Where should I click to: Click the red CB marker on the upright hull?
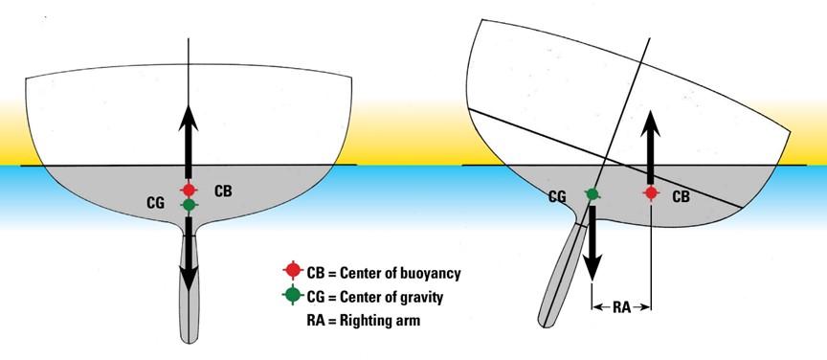pos(190,190)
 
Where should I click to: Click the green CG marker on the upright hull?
pos(190,204)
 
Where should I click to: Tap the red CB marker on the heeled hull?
pos(651,193)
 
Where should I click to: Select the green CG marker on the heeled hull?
pos(592,195)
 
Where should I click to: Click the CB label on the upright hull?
pos(223,190)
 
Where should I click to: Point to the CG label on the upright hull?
pos(154,204)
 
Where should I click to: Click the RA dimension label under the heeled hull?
pos(621,307)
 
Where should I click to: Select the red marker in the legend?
pos(289,274)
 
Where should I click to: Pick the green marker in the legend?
pos(289,297)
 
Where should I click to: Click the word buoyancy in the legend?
pos(425,274)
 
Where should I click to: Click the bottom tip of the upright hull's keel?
pos(190,338)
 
